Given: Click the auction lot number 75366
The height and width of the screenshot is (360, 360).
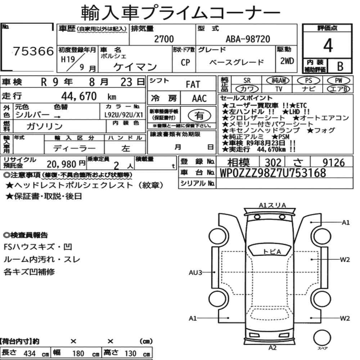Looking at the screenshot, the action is pos(33,51).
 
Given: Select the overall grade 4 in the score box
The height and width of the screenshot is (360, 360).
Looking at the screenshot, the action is pos(328,45).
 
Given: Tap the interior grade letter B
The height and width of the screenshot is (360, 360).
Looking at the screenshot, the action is pos(340,66).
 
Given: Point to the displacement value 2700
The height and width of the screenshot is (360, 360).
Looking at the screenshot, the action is pos(164,39).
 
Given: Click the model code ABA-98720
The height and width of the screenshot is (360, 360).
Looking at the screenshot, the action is pos(248,39).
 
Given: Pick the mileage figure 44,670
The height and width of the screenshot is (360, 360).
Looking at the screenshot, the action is pos(79,96).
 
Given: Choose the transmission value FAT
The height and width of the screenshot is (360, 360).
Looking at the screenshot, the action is pos(193,85).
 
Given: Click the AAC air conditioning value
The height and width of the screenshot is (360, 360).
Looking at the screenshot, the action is pos(199,99).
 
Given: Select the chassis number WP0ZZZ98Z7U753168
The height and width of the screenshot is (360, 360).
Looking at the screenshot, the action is pos(273,173).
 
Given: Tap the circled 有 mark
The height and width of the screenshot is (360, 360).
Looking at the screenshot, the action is pos(199,116).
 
